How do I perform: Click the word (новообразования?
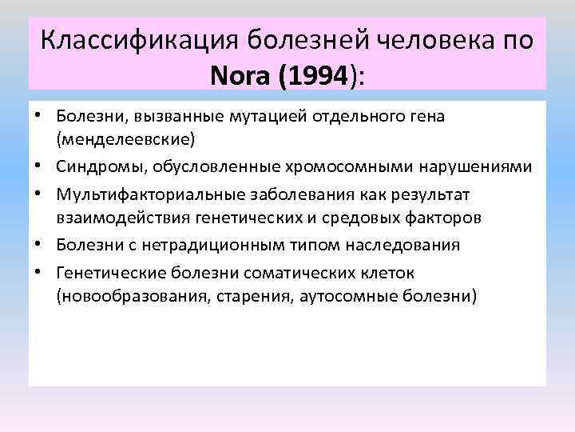(x=130, y=295)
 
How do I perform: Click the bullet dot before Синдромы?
(x=38, y=166)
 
